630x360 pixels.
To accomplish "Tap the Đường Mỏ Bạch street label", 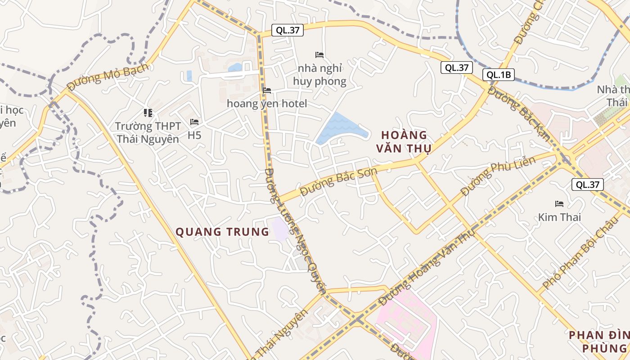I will (108, 76).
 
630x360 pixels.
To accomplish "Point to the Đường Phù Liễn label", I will (499, 176).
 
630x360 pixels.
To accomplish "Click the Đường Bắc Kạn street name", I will (519, 114).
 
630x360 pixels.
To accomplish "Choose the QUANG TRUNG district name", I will (222, 232).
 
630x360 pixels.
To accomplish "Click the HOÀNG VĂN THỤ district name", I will (404, 141).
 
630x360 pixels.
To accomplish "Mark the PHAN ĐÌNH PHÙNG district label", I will (598, 342).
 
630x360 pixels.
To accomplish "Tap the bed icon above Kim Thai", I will (559, 204).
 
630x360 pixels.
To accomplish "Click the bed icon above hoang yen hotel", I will (267, 90).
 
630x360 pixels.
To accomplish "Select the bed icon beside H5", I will (194, 122).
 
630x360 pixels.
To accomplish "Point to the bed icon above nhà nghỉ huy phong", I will (319, 55).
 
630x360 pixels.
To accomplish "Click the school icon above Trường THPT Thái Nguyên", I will (148, 112).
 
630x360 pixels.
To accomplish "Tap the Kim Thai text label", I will (559, 217).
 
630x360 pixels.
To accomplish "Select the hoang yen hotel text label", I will (267, 104).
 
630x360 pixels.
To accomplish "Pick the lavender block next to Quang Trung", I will (280, 229).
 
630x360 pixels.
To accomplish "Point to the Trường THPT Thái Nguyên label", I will (148, 132).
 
